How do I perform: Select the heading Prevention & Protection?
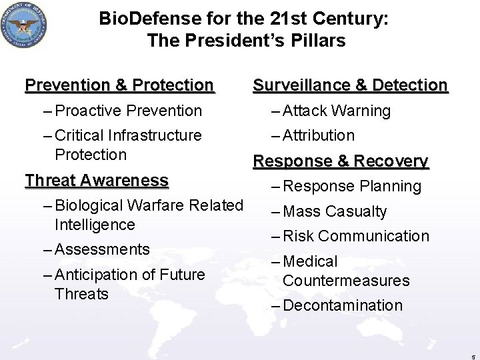(119, 85)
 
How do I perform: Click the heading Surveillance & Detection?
(350, 85)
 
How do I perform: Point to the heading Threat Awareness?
(97, 181)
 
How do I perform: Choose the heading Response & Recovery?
(340, 161)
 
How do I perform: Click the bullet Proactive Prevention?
(129, 111)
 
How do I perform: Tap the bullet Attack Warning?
(337, 111)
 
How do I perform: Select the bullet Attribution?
(319, 135)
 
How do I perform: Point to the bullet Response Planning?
(352, 187)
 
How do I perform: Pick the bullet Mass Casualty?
(335, 211)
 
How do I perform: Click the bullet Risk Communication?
(356, 236)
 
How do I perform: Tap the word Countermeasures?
(346, 281)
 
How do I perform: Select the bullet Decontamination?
(343, 305)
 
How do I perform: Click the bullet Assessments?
(103, 249)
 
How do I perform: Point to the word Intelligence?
(95, 225)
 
